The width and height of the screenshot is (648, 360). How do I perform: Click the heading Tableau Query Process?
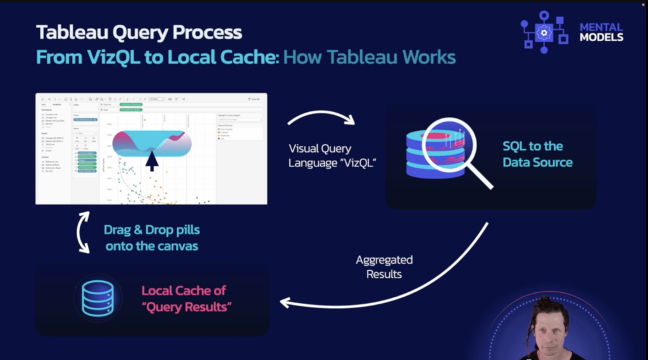click(x=139, y=32)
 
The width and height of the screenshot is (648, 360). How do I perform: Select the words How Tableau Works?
click(x=370, y=57)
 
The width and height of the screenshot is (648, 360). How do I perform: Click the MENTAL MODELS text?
click(x=601, y=32)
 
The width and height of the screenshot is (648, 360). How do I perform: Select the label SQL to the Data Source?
click(x=537, y=154)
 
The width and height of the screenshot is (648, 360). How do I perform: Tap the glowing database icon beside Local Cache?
click(x=98, y=299)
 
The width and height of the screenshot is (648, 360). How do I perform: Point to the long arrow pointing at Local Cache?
click(x=405, y=285)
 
